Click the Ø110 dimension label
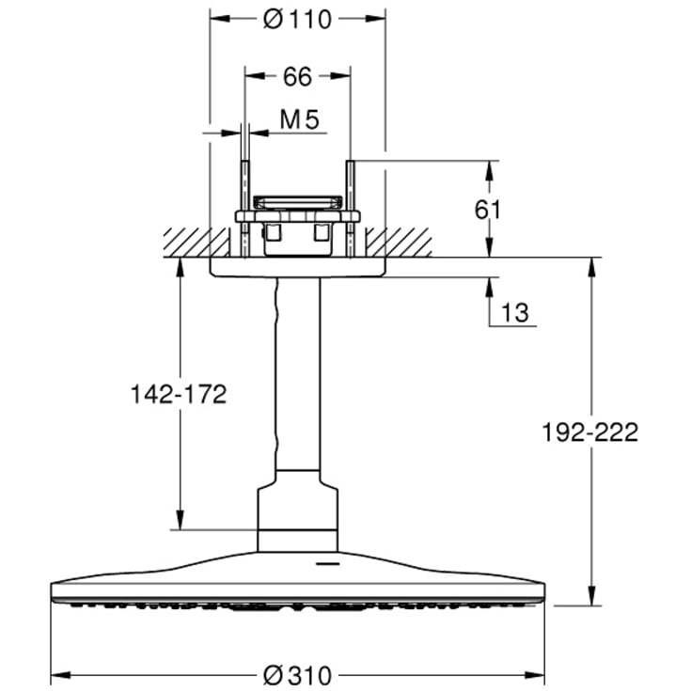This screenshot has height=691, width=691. [x=297, y=18]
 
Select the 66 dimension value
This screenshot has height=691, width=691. [x=297, y=77]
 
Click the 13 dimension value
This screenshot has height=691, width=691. [x=515, y=313]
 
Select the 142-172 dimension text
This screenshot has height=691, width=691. [x=179, y=395]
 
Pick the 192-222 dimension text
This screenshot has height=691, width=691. [x=589, y=432]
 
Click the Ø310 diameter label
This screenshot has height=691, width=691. [x=297, y=675]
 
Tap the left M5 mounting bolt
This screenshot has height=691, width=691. [x=244, y=209]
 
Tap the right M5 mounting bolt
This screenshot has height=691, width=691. [x=350, y=209]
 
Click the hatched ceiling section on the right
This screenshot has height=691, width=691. [x=399, y=242]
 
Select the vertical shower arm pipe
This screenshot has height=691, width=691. [x=297, y=376]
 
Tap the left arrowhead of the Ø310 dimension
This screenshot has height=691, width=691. [x=56, y=675]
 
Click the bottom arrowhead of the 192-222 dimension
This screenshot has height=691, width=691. [x=590, y=598]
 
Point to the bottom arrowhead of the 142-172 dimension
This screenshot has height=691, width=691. [x=179, y=522]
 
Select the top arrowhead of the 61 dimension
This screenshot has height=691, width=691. [x=489, y=168]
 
